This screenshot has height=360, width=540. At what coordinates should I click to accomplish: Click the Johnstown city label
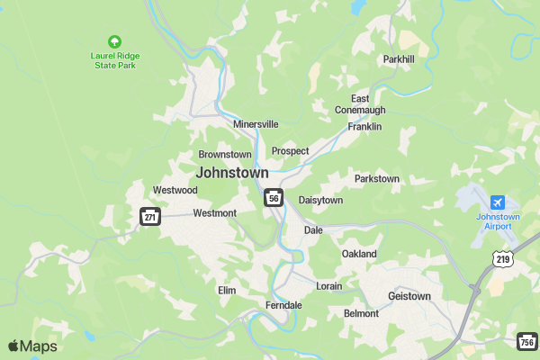pos(232,172)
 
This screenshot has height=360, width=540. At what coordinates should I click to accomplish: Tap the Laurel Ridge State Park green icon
pos(114,41)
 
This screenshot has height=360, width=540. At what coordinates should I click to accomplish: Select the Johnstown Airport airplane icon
pos(498,202)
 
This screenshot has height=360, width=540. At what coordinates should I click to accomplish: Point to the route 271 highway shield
pos(149,216)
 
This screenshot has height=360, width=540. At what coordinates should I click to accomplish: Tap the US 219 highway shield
pos(504,259)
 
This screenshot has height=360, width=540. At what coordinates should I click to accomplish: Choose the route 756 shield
pos(528,340)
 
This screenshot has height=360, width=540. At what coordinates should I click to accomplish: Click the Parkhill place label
pos(399,59)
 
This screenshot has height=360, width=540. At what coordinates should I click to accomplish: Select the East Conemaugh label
pos(360,103)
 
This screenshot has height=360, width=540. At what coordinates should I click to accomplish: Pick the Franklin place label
pos(364,127)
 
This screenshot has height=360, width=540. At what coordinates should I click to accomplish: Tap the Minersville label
pos(256,124)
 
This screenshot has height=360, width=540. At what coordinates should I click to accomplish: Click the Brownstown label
pos(225,155)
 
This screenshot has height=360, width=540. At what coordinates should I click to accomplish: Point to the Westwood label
pos(175,190)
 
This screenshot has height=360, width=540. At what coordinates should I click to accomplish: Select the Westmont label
pos(214,213)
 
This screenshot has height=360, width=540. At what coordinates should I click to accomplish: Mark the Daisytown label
pos(320,200)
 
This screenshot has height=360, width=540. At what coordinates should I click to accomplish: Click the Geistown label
pos(409,296)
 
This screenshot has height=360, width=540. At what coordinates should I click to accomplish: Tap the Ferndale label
pos(283,305)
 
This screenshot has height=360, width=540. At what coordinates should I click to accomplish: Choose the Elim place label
pos(227,291)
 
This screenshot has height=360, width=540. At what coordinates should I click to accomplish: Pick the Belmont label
pos(362,313)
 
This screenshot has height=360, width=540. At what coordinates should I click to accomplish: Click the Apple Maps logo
pos(32,346)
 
